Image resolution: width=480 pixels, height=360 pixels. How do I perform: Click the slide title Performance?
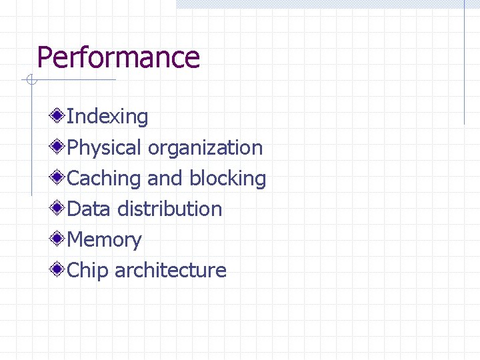(x=118, y=57)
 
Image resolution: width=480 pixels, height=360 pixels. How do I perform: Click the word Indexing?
(x=108, y=117)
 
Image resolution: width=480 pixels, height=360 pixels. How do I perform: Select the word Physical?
(x=105, y=147)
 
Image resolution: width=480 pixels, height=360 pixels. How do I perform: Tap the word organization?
(x=205, y=147)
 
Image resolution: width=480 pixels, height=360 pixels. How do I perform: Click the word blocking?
(x=227, y=178)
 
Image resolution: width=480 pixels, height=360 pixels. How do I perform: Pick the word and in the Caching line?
(x=165, y=178)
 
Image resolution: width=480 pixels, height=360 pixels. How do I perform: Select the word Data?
(x=89, y=209)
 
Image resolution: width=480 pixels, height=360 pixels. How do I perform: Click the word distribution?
(x=169, y=209)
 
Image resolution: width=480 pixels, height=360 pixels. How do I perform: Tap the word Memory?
(x=105, y=239)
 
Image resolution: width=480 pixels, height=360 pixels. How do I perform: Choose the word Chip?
(x=88, y=270)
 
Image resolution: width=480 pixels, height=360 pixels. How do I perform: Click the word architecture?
(x=171, y=270)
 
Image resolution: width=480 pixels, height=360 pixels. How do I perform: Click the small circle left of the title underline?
(x=31, y=81)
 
